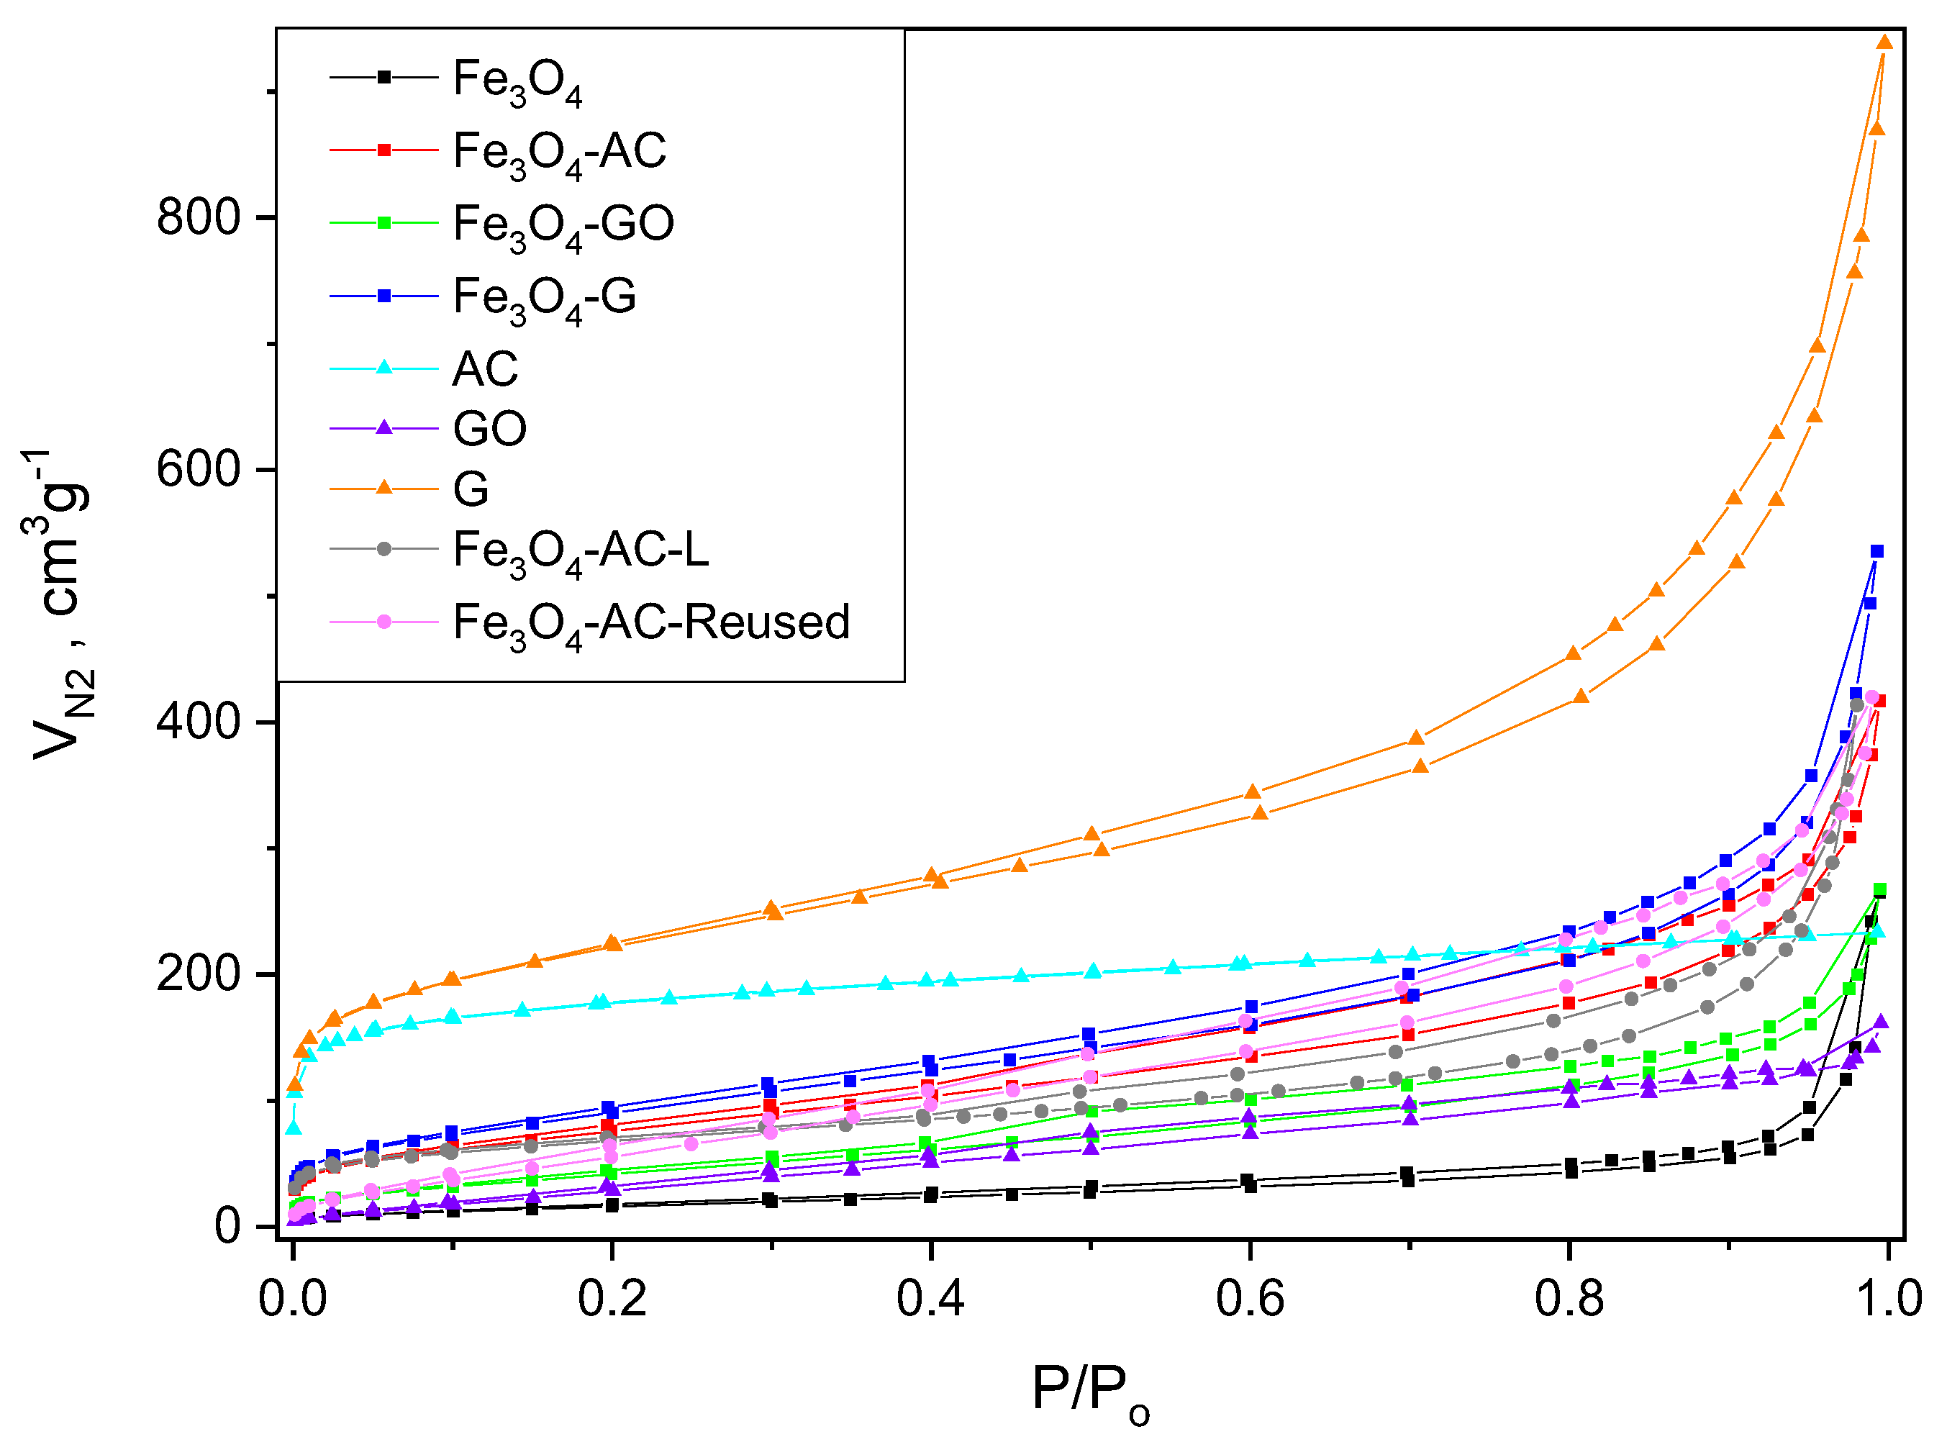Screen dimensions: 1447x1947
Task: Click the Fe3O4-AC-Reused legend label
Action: coord(650,624)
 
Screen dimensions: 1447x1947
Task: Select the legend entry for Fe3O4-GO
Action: coord(563,224)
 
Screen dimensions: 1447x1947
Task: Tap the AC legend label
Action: coord(485,368)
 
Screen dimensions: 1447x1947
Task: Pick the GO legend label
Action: coord(489,428)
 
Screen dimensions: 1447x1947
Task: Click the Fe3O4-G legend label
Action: coord(544,297)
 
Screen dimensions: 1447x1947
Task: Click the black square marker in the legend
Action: coord(383,77)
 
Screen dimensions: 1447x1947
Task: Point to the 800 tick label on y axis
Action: coord(198,217)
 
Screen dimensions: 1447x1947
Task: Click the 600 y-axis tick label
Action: coord(198,469)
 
